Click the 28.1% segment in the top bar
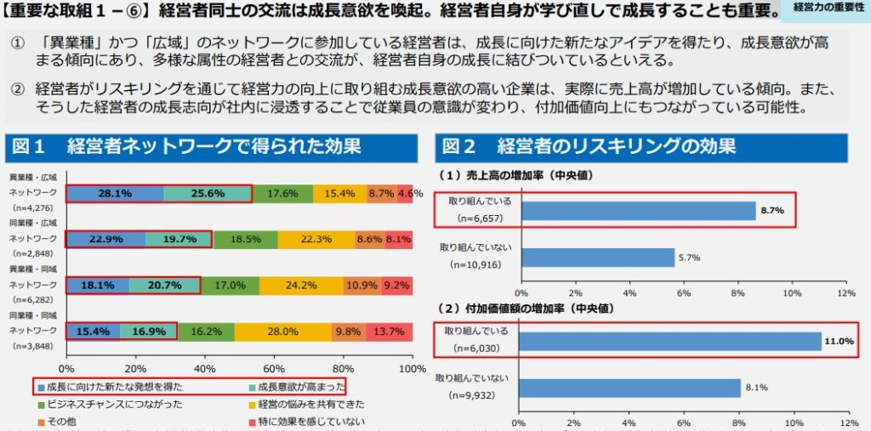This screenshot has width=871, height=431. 114,194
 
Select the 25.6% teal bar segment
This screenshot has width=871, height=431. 208,194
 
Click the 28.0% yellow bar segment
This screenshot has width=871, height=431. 282,332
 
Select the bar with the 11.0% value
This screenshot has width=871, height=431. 669,341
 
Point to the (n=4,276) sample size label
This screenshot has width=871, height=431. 32,207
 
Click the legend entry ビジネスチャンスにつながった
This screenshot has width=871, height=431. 114,404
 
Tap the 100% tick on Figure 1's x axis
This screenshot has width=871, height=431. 413,369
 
